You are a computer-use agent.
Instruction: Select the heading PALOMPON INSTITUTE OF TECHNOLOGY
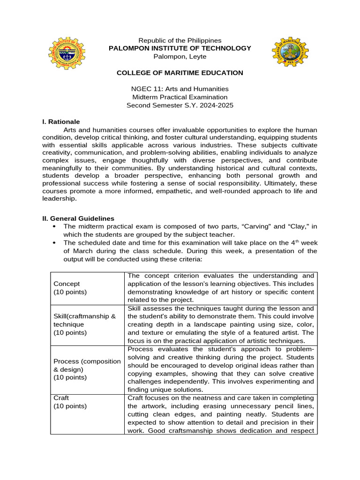coord(180,48)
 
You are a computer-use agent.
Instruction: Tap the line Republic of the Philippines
coord(180,40)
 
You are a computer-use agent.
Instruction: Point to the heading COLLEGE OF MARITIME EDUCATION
coord(180,73)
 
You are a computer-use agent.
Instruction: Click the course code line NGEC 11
coord(180,89)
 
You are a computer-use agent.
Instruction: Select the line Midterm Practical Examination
coord(180,97)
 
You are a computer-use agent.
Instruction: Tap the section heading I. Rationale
coord(61,121)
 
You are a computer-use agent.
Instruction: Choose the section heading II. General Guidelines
coord(78,218)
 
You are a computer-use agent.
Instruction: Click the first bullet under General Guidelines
coord(56,226)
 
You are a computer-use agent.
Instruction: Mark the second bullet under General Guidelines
coord(56,243)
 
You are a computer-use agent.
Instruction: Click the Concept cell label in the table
coord(67,284)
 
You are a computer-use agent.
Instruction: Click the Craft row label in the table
coord(61,397)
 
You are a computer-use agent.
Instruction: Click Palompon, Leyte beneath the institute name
coord(180,56)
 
